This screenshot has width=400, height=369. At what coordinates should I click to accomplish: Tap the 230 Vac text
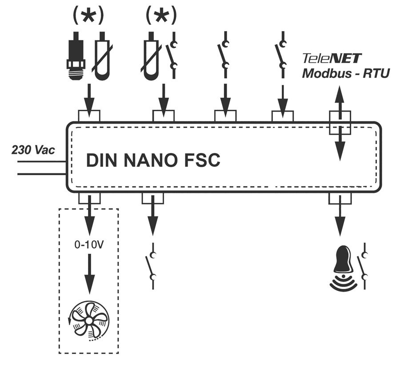pos(33,150)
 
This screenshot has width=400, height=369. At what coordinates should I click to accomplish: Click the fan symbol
pos(89,321)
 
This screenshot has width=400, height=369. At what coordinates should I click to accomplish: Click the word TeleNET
pos(332,58)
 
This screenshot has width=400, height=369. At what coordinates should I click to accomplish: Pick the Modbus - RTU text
pos(346,73)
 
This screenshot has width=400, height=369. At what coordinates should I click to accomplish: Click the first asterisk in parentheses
pos(89,16)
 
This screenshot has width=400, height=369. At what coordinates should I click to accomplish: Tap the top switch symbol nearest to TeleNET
pos(281,56)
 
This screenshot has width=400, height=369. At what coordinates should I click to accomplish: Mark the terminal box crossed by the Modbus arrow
pos(340,122)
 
